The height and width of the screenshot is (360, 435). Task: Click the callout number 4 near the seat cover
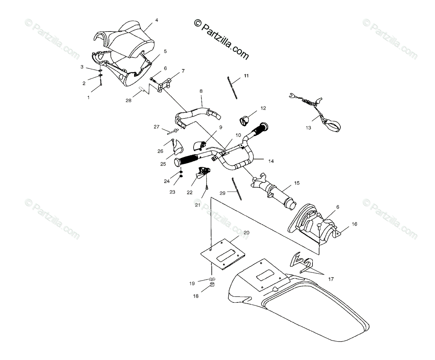tap(157, 20)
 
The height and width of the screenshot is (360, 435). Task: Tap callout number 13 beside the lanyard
tap(308, 127)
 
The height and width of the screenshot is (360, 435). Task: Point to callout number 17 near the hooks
tap(331, 279)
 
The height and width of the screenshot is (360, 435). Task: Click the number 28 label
tap(129, 100)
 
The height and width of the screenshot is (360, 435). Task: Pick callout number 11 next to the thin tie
tap(246, 76)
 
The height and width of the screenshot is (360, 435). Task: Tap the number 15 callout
tap(297, 183)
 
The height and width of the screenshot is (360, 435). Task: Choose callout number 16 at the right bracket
tap(354, 224)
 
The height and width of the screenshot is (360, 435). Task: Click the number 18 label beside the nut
tap(196, 296)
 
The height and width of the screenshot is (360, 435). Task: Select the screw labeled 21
tap(207, 188)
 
